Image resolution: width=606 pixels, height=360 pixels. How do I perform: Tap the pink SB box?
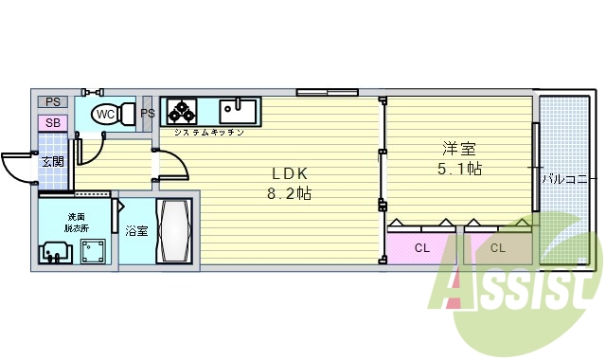coord(52,123)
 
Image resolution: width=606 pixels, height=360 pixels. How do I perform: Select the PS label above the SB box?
coord(52,102)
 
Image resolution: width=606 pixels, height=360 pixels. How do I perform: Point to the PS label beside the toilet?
coord(148,115)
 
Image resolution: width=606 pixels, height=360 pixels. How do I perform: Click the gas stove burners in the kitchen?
coord(181,112)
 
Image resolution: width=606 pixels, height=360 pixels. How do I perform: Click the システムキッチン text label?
coord(208,133)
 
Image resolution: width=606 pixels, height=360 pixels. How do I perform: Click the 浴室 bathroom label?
coord(136,229)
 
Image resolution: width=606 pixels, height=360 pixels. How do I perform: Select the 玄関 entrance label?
coord(53,161)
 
